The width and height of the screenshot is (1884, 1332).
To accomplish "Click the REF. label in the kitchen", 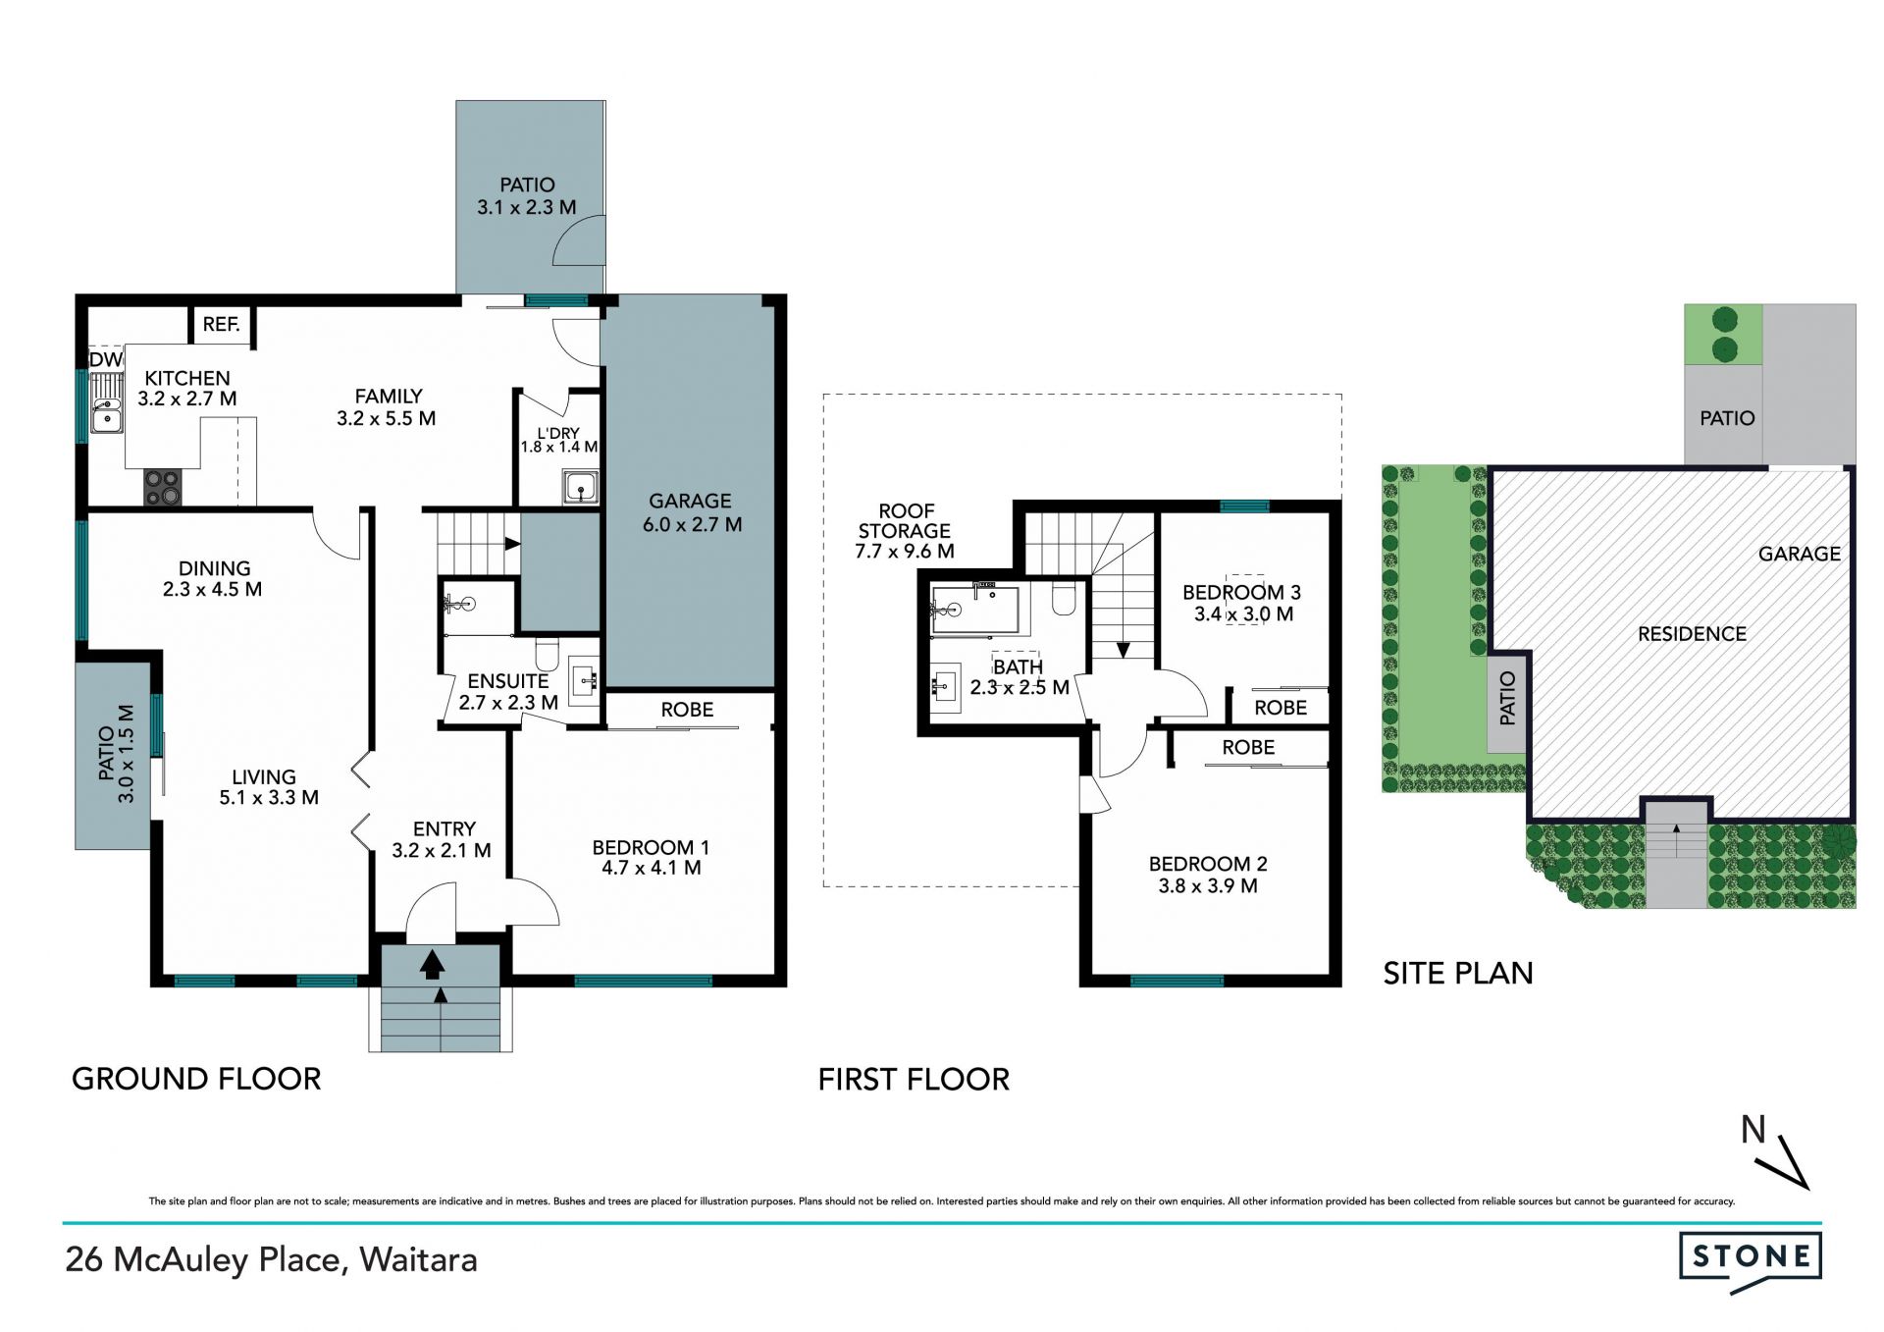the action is (222, 324).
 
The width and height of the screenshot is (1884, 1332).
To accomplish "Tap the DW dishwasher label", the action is (106, 360).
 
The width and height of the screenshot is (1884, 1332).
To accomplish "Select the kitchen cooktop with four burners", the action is (163, 488).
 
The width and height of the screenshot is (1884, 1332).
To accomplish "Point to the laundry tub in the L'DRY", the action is (581, 487).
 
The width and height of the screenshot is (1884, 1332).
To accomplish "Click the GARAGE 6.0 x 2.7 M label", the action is (691, 512).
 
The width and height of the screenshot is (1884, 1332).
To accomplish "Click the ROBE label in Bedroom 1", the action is (687, 710).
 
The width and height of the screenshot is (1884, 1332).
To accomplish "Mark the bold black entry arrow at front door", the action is (431, 966).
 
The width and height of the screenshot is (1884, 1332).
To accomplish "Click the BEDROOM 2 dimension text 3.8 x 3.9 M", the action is (1208, 886).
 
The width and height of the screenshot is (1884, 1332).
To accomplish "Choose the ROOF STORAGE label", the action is (905, 531).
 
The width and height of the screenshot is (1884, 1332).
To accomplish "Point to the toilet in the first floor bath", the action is (1065, 598).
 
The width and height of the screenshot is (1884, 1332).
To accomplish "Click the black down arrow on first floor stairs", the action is (1123, 650).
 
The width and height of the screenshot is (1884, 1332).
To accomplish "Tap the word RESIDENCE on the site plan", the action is (1692, 634).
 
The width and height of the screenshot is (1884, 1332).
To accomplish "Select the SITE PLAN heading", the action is (1457, 973).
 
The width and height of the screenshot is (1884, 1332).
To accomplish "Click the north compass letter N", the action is (1753, 1130).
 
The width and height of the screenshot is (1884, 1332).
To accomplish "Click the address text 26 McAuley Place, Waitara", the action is (272, 1260).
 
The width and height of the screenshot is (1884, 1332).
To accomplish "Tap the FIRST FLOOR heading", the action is (914, 1080).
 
